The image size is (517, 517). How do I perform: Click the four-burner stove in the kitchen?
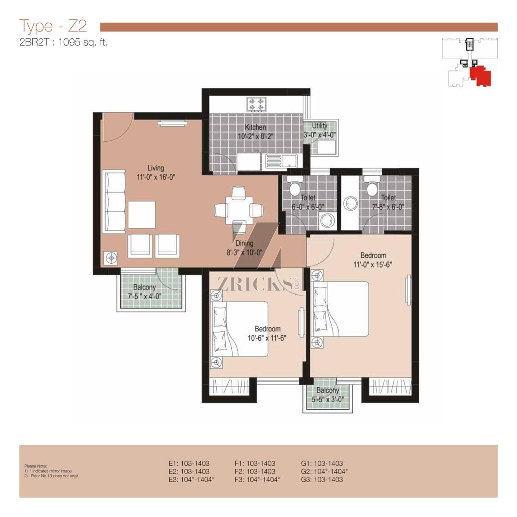pos(256,104)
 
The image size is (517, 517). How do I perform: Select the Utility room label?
pos(320,125)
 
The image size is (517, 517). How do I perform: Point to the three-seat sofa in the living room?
pos(114,201)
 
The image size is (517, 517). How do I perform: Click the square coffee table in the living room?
pos(142,215)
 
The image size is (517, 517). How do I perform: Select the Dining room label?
pos(244,243)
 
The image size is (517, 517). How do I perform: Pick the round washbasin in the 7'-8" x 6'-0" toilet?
pos(350,205)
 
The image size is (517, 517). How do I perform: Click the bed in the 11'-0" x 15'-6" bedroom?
pos(339,308)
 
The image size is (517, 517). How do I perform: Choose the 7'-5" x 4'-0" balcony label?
pos(144,292)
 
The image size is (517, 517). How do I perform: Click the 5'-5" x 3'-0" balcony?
pos(327,395)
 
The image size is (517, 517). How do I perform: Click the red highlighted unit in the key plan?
pos(480,75)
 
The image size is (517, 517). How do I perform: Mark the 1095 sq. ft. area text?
pos(83,43)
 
